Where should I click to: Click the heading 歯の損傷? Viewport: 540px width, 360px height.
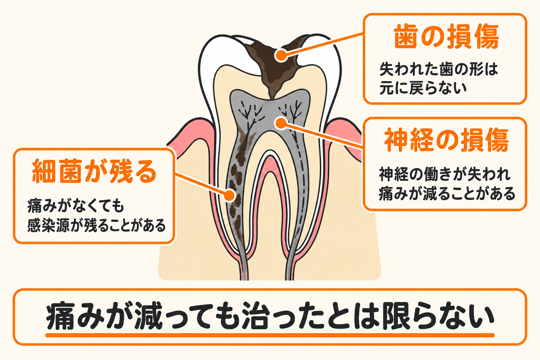[446, 37]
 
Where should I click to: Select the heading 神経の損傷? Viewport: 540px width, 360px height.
[446, 140]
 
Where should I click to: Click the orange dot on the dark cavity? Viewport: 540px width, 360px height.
[281, 55]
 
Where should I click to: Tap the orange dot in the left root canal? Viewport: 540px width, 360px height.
[229, 195]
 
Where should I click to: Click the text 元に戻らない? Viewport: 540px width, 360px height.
[423, 88]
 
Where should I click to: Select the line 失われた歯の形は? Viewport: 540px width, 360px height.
[439, 69]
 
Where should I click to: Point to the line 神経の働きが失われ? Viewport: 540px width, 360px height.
[445, 174]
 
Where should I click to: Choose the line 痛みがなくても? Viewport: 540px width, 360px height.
[76, 206]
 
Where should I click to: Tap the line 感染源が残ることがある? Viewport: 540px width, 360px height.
[96, 225]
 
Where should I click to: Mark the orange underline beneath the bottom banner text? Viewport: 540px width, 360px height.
[270, 335]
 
